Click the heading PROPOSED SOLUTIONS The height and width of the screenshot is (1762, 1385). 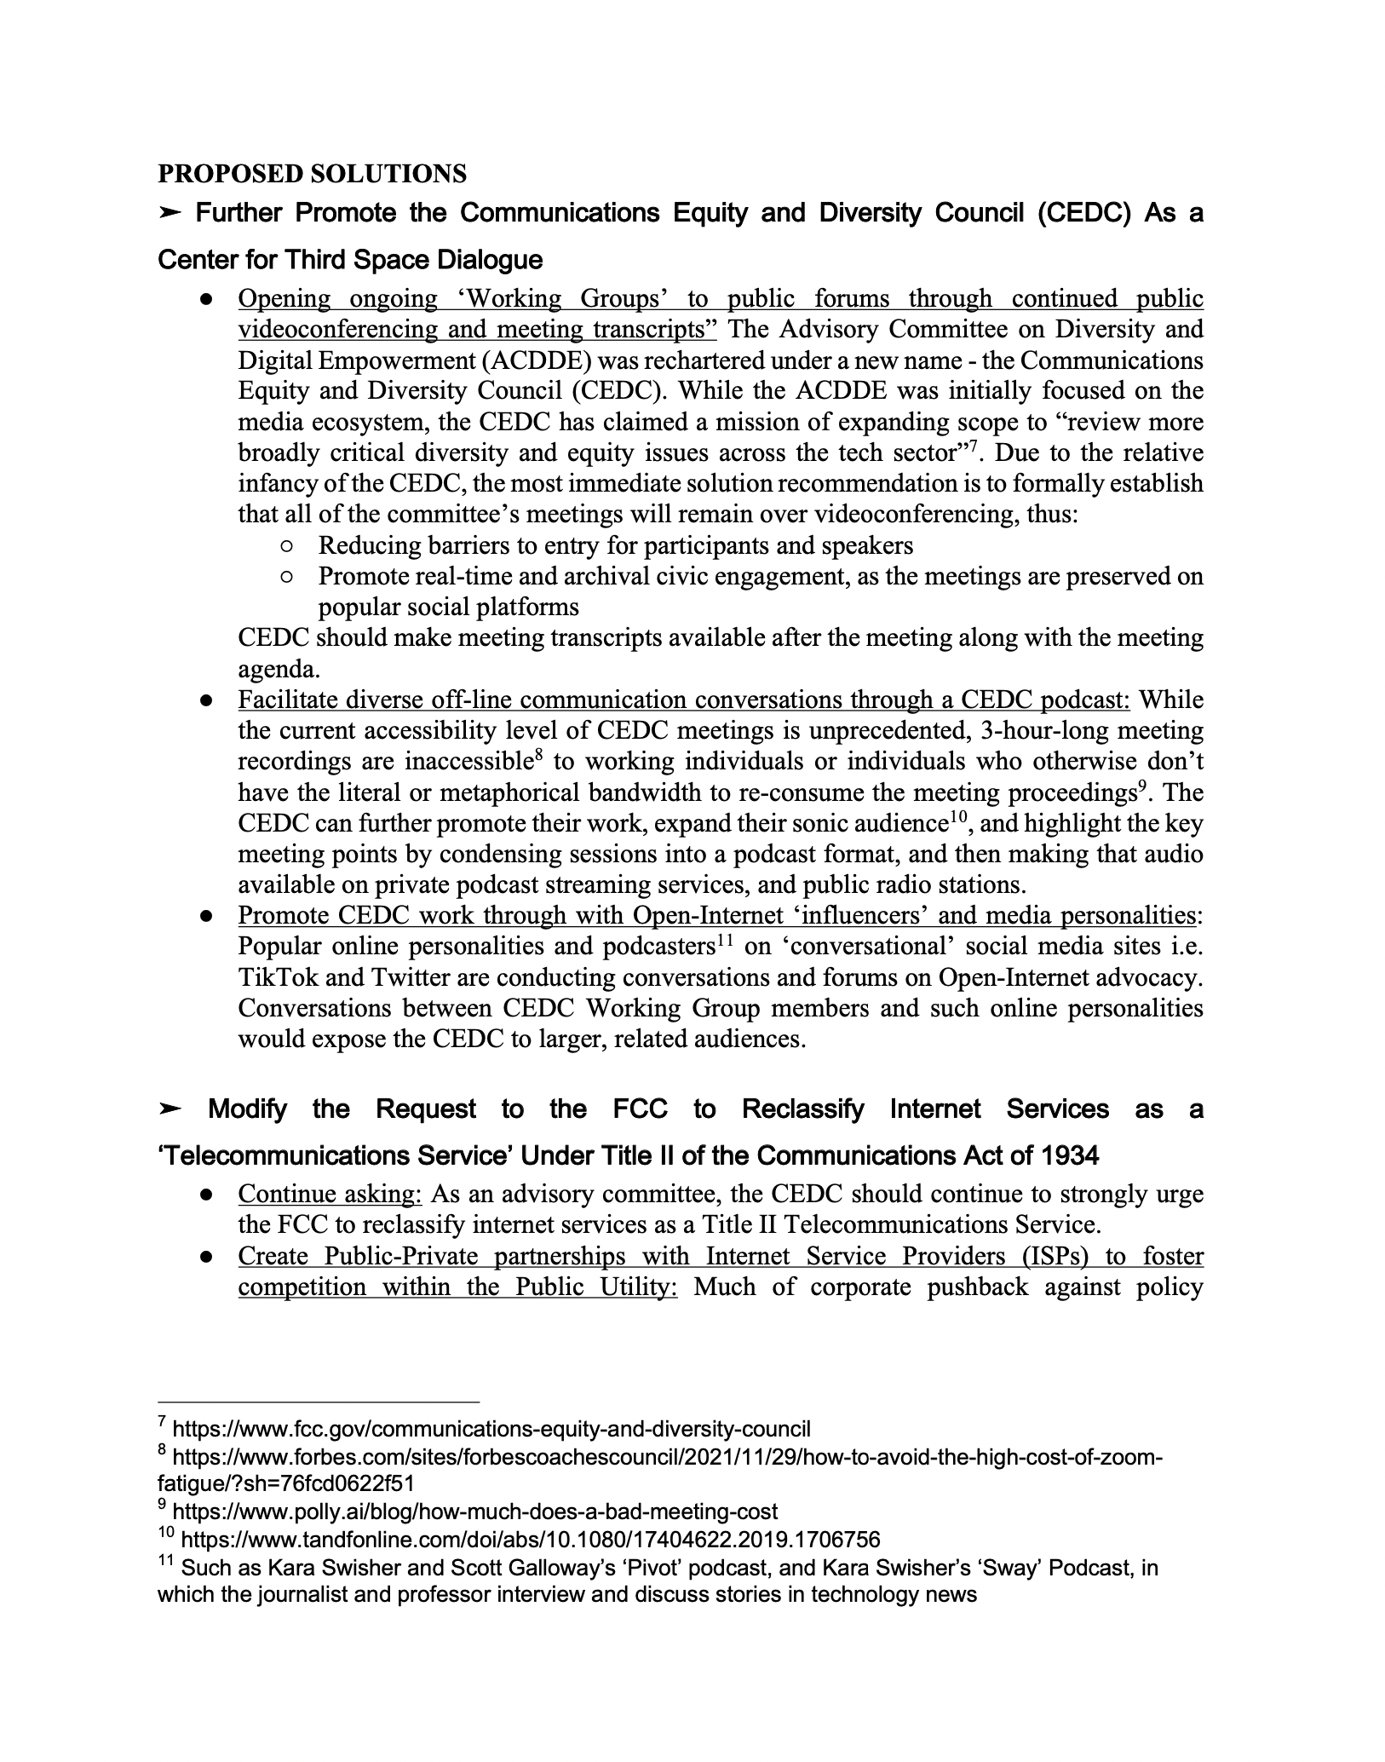[x=312, y=174]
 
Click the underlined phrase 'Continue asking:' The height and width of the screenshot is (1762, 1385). [x=330, y=1194]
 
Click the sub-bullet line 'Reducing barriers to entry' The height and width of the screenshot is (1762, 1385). [x=615, y=545]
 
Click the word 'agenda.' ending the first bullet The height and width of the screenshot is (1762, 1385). [x=269, y=669]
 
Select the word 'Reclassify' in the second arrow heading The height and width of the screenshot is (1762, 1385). [x=802, y=1109]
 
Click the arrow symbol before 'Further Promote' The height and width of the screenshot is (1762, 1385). [x=170, y=213]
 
